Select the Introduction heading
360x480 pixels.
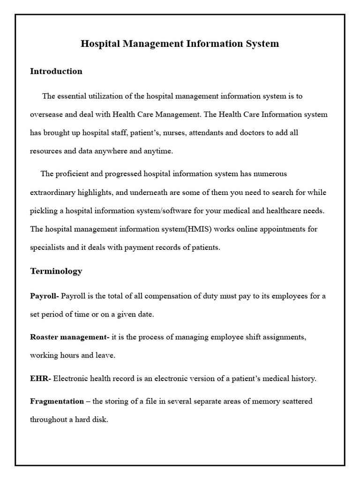click(x=56, y=71)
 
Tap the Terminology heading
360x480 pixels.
click(x=56, y=271)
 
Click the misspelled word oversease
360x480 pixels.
click(x=46, y=115)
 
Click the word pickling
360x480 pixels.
click(x=44, y=211)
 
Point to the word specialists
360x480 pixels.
click(x=48, y=247)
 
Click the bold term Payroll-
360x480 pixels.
click(x=45, y=296)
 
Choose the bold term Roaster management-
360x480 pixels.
click(x=69, y=337)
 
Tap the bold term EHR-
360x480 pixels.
click(x=40, y=378)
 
